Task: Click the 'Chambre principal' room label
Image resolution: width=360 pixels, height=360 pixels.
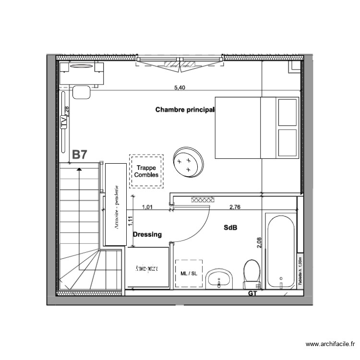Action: point(184,110)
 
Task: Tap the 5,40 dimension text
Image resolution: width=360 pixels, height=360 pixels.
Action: point(179,87)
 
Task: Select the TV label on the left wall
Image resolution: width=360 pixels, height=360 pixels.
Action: point(64,122)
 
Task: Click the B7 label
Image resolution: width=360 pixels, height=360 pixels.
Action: point(80,155)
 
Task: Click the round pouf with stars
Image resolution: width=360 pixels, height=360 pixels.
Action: point(188,161)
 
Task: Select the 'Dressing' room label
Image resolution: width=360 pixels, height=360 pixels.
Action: point(147,235)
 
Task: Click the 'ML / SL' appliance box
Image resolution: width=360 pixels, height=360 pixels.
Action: point(189,274)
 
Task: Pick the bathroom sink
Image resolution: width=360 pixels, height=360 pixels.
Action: point(219,279)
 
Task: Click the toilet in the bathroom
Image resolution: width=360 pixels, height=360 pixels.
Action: point(252,274)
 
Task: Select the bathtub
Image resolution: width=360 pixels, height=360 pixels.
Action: point(279,252)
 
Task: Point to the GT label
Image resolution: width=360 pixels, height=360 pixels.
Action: point(252,293)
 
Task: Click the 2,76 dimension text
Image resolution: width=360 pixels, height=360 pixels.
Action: point(235,207)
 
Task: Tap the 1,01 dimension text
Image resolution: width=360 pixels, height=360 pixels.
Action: point(148,207)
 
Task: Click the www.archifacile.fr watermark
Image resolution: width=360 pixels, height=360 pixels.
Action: point(331,344)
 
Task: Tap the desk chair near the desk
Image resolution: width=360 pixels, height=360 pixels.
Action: point(82,91)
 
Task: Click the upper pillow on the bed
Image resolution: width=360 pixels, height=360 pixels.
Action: point(288,112)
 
